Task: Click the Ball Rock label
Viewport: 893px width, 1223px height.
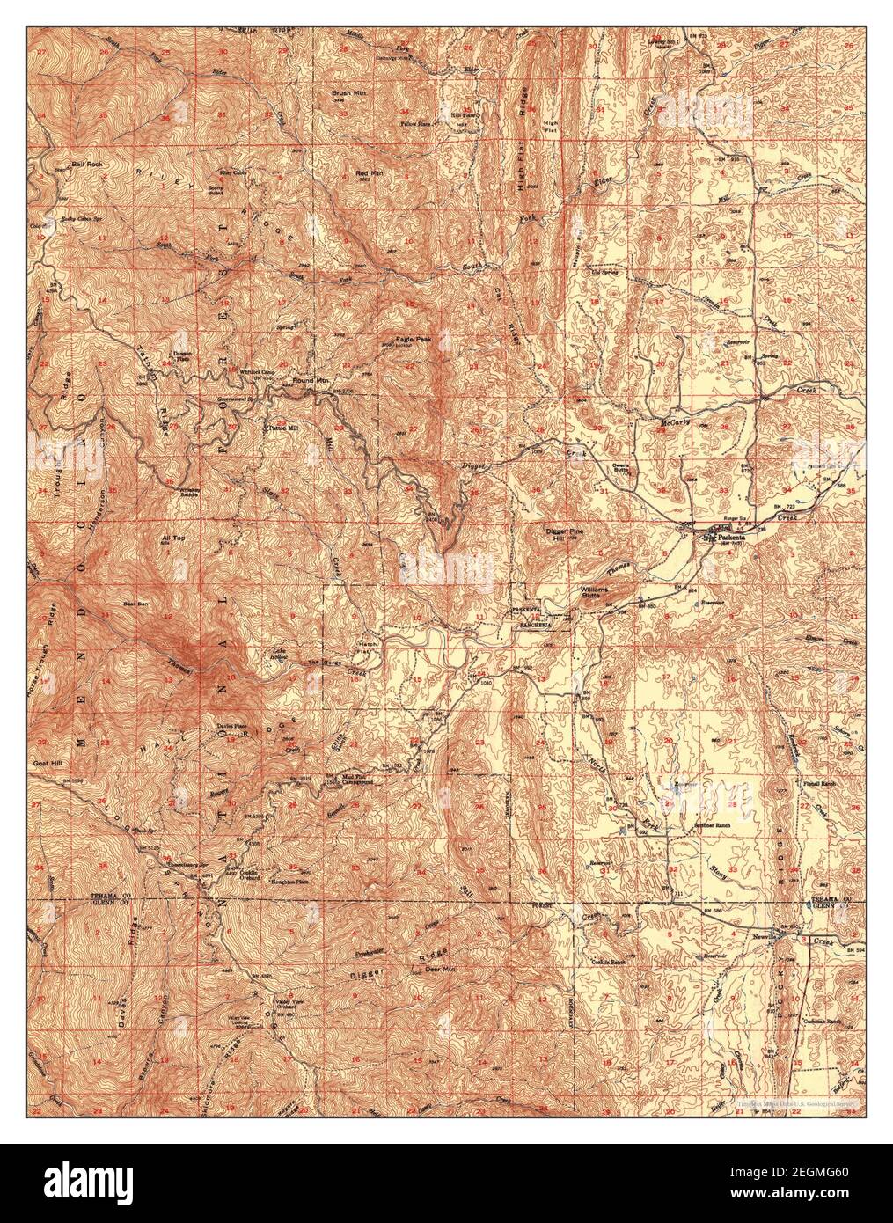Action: click(x=87, y=165)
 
